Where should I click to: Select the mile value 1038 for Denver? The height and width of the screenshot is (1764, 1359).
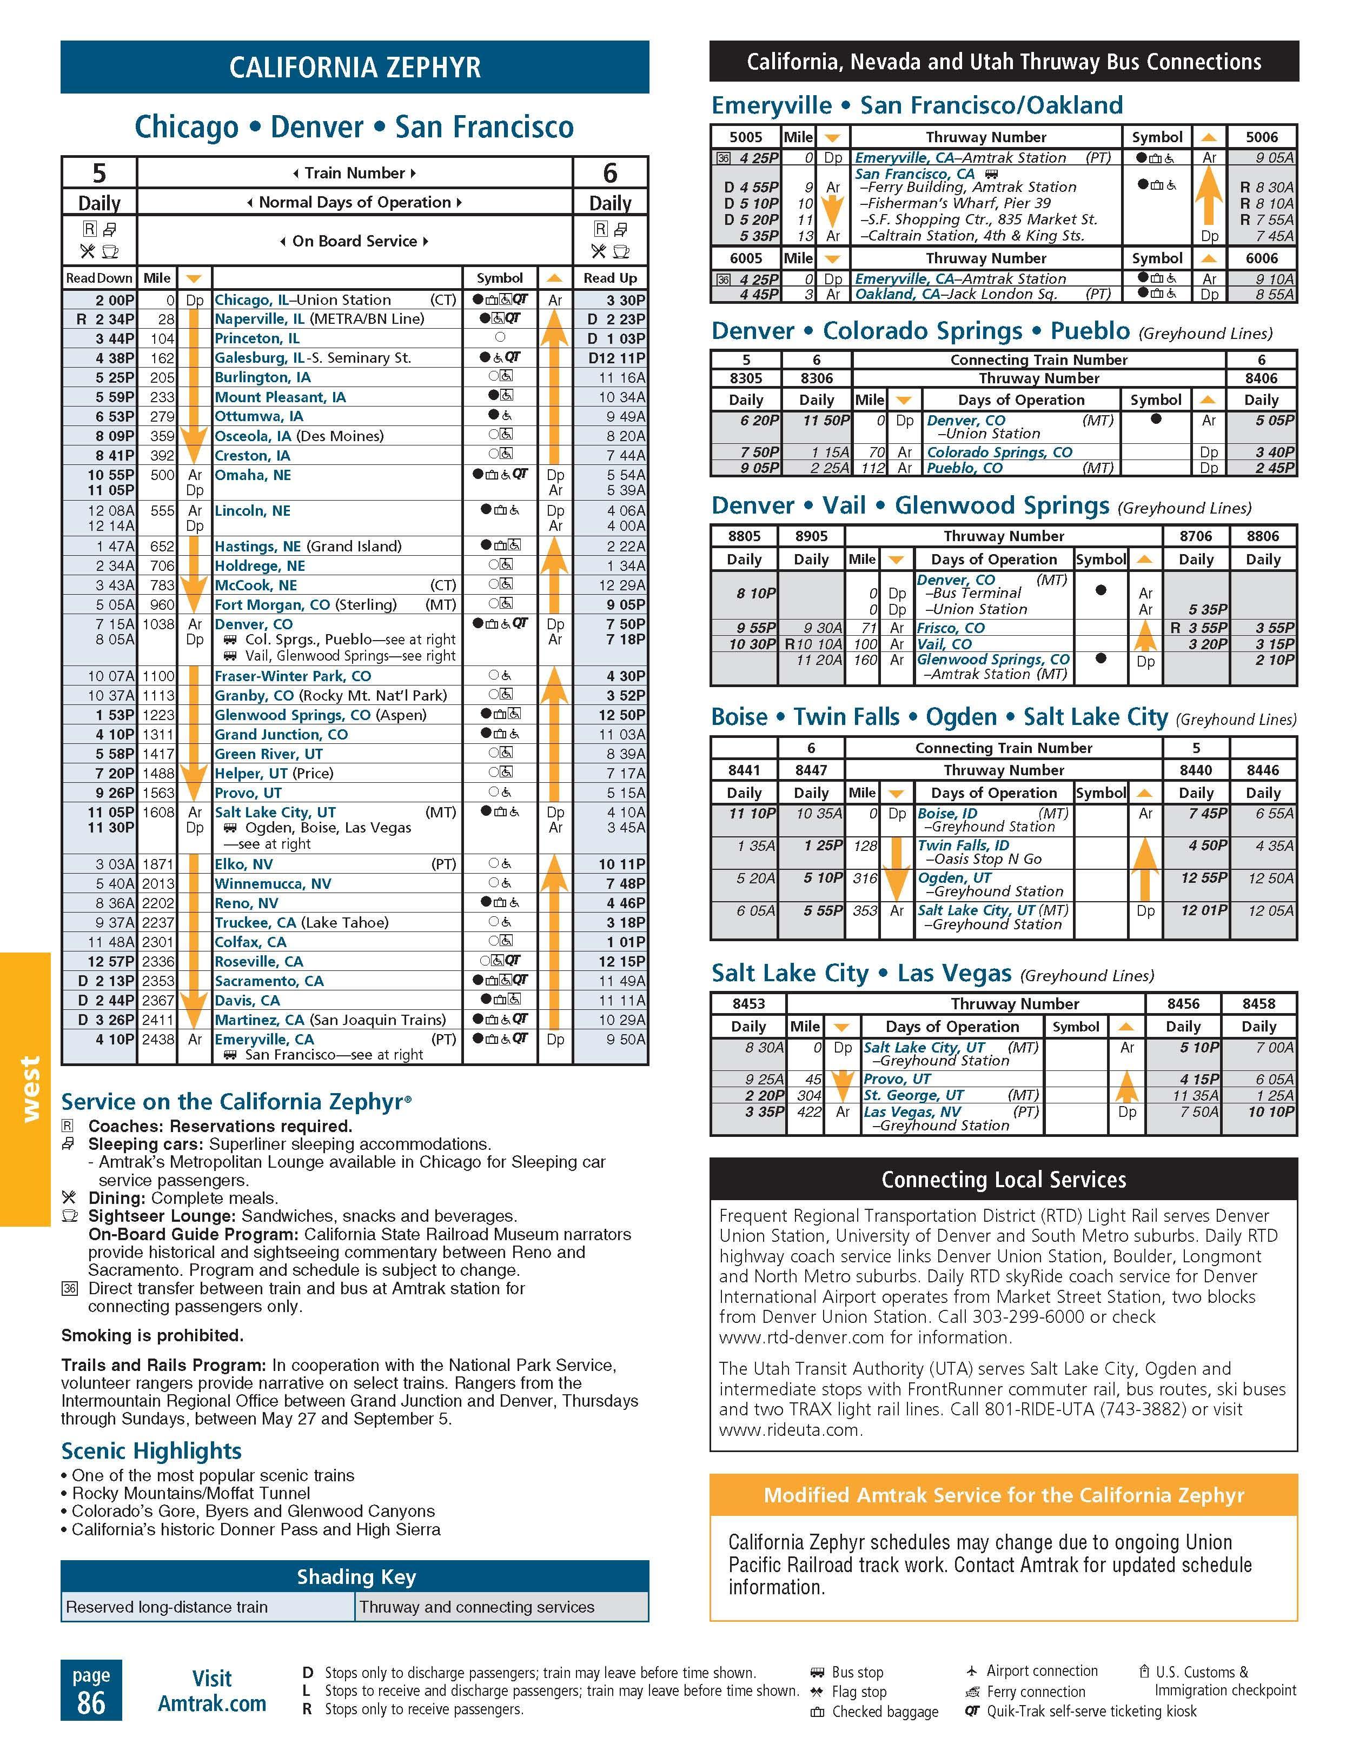(158, 624)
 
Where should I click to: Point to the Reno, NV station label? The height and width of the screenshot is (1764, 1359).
(247, 903)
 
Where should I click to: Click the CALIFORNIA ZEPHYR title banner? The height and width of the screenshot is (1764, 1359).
(355, 67)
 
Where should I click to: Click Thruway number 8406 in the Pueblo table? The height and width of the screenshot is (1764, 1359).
(1261, 378)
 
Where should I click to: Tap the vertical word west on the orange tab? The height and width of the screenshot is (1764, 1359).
(29, 1089)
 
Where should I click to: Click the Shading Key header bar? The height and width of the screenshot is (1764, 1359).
(355, 1576)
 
